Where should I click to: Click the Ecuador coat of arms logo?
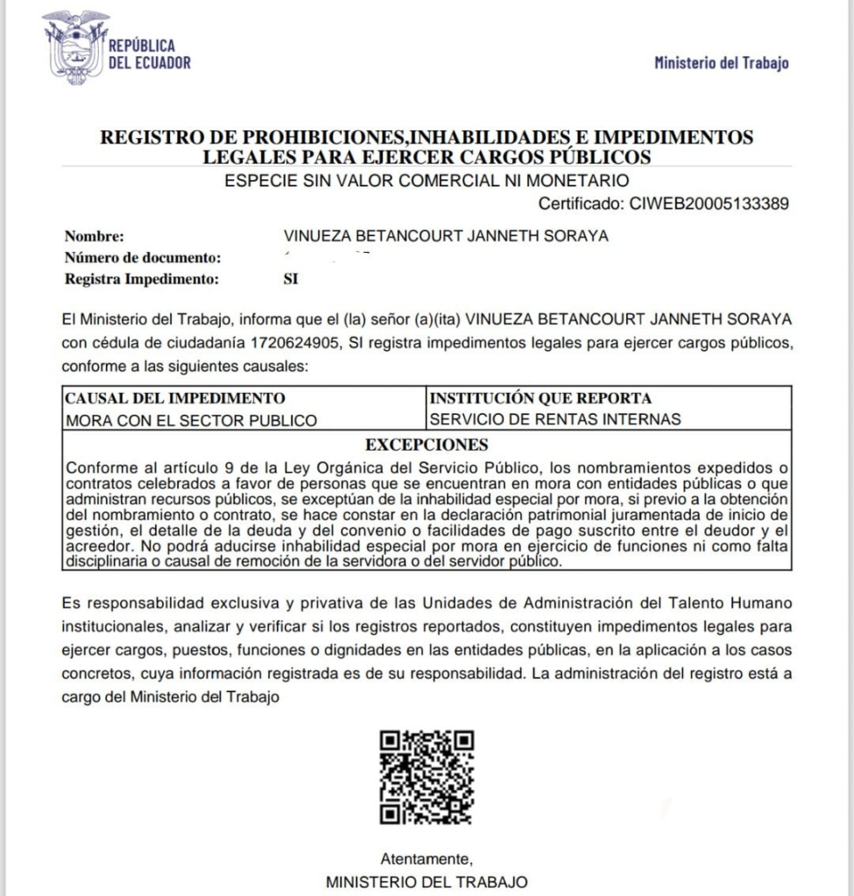(75, 47)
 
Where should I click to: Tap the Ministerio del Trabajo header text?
(721, 62)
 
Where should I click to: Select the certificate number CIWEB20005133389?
(710, 204)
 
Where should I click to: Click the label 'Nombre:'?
(95, 236)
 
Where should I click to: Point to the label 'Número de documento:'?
(141, 258)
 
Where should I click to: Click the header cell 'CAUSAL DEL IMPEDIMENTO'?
(175, 398)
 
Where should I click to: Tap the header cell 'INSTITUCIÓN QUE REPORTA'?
(540, 398)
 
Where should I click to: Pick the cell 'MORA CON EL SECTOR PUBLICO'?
(192, 420)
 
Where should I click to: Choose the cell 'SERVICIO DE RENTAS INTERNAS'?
(555, 419)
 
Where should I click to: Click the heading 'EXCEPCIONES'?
(427, 444)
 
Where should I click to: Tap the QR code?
(427, 777)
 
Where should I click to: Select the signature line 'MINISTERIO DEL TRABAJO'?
(427, 881)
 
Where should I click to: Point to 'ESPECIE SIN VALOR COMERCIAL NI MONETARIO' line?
(427, 182)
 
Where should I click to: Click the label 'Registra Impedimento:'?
(140, 280)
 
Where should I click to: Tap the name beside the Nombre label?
(446, 236)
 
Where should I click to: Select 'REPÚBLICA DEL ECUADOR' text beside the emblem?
(148, 54)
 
